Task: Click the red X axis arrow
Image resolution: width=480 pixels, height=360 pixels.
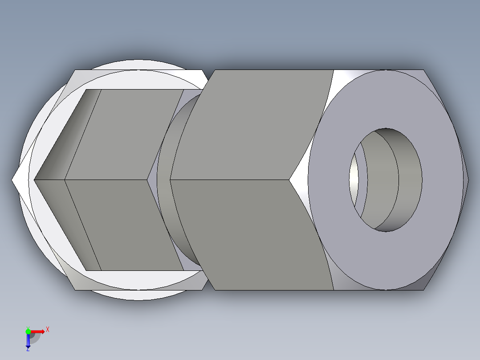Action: click(x=38, y=331)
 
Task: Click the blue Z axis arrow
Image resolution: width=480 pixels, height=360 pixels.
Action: click(x=28, y=341)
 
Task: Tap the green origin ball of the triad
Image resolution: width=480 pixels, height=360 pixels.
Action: click(x=28, y=331)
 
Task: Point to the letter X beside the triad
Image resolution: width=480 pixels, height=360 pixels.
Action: click(x=47, y=329)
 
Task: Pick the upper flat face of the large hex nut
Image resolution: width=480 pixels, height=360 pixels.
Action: click(x=263, y=125)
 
